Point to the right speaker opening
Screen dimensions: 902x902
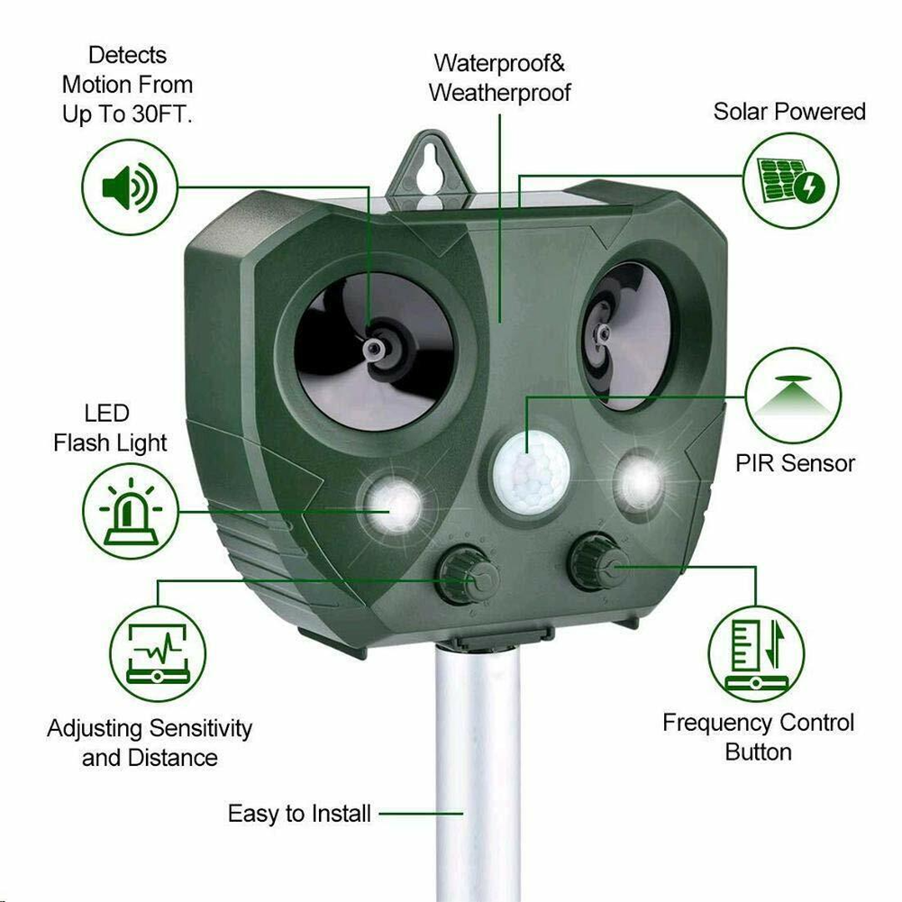[x=626, y=334]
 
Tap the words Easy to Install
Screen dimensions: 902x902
[x=299, y=813]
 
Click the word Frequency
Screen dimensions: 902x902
[x=717, y=722]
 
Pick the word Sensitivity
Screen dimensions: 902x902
[x=198, y=728]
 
